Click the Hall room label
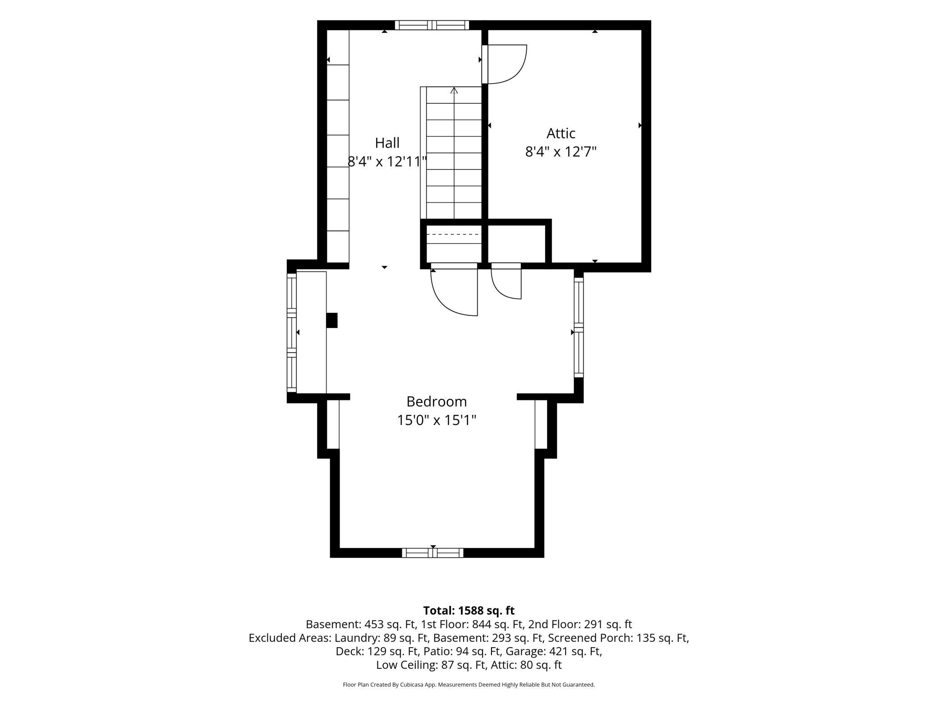(x=387, y=143)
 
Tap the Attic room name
(x=561, y=133)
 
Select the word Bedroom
(x=437, y=401)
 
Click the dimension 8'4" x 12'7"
(x=561, y=152)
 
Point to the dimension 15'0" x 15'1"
(x=437, y=420)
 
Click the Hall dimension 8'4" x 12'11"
(x=387, y=161)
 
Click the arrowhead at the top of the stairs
(x=454, y=90)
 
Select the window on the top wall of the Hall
(x=432, y=25)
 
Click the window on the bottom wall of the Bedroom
(x=432, y=553)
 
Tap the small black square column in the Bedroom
(x=332, y=320)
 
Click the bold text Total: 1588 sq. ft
(x=469, y=611)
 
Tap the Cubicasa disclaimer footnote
(x=469, y=685)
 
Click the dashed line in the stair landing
(x=454, y=235)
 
